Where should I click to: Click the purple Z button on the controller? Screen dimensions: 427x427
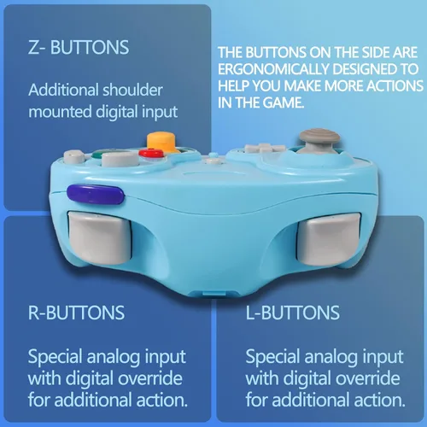click(x=96, y=194)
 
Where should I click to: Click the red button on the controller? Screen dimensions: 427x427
click(x=151, y=153)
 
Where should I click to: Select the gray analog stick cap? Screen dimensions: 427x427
click(x=319, y=136)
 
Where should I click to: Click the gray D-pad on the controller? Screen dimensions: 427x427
click(x=265, y=148)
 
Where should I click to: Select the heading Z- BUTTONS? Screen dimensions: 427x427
click(x=79, y=47)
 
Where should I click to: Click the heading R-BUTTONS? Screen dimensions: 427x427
click(x=76, y=313)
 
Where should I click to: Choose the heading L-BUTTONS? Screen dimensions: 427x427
click(x=293, y=313)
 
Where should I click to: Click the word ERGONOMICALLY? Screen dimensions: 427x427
click(x=273, y=69)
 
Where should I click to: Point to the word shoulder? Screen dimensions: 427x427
click(x=132, y=90)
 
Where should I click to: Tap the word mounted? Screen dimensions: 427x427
click(x=60, y=112)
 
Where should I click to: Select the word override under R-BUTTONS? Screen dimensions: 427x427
click(x=150, y=378)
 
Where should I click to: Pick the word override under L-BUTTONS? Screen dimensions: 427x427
click(x=368, y=378)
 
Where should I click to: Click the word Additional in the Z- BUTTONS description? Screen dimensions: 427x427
click(x=63, y=90)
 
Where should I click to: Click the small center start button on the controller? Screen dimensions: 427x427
click(x=213, y=161)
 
